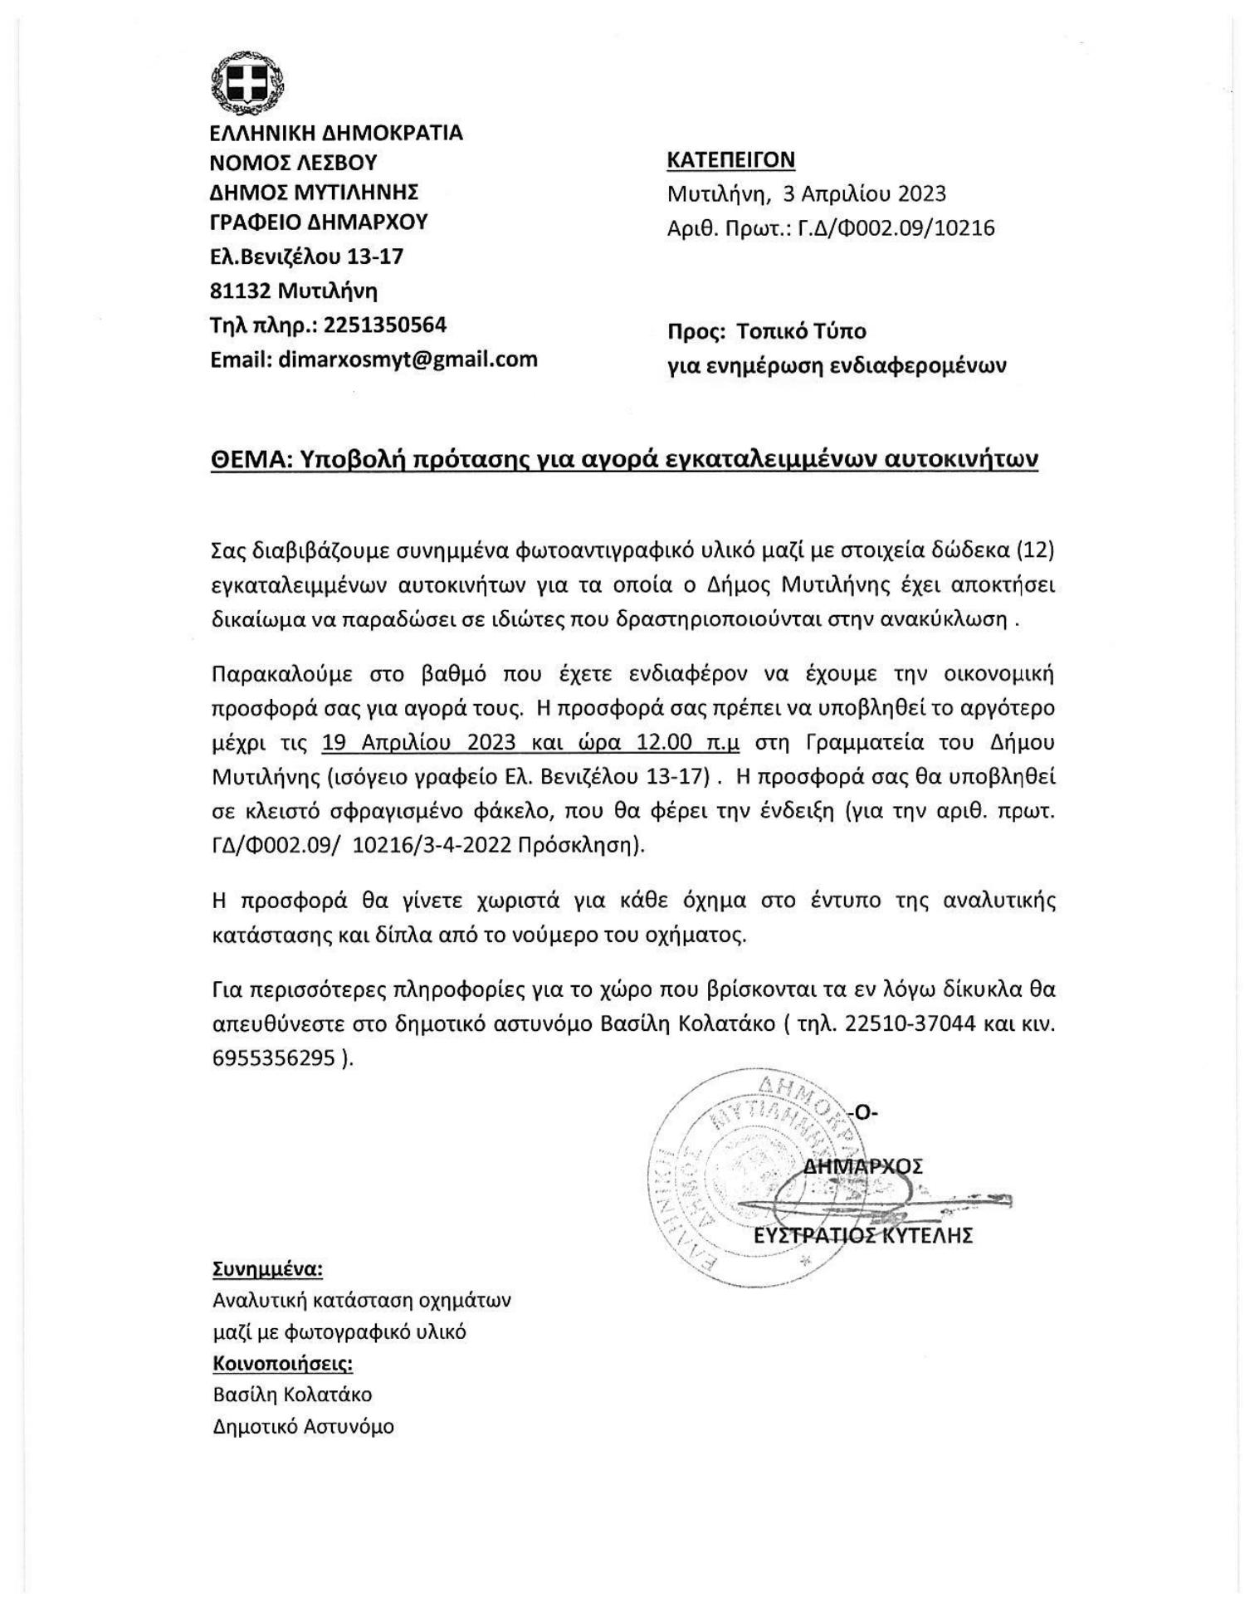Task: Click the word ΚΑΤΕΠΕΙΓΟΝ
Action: [730, 159]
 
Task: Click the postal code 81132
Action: [241, 291]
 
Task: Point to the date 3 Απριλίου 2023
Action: [863, 193]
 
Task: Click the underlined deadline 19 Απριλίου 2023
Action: [419, 741]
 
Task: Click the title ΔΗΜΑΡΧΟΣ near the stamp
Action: [863, 1165]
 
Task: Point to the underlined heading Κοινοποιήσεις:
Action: [283, 1364]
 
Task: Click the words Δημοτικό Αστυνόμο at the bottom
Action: [303, 1427]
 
